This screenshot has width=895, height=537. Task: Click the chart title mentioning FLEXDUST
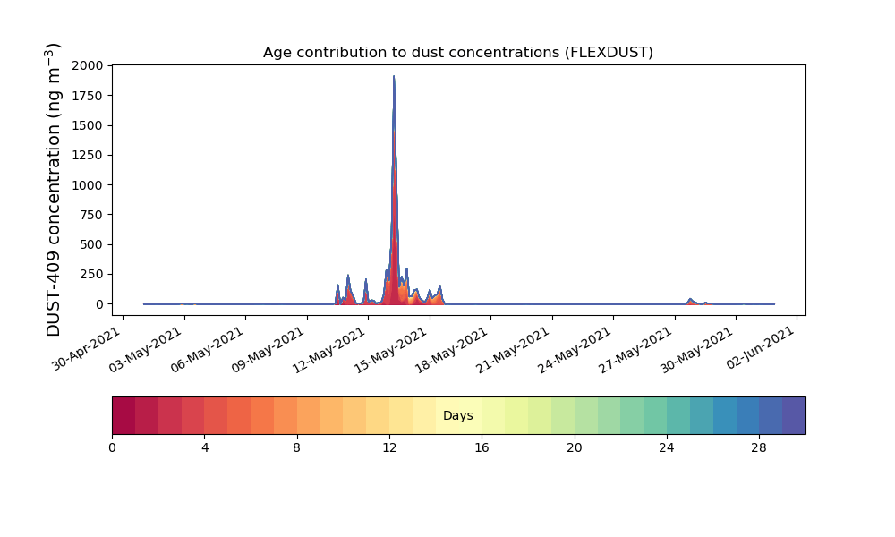click(x=457, y=53)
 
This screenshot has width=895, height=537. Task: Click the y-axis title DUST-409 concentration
click(x=53, y=190)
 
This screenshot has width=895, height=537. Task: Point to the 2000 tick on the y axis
click(x=88, y=65)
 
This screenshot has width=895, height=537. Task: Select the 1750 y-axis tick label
click(x=88, y=96)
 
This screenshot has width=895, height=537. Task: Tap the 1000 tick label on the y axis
click(x=88, y=185)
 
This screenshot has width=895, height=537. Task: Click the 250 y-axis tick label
click(x=92, y=275)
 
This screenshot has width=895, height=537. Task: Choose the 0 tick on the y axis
click(x=100, y=304)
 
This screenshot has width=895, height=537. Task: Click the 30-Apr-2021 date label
click(x=87, y=349)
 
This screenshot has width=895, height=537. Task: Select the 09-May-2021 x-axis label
click(x=268, y=350)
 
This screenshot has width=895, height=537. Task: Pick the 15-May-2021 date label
click(x=390, y=350)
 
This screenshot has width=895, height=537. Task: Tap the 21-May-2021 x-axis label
click(x=513, y=350)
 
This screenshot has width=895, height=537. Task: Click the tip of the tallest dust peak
click(x=394, y=76)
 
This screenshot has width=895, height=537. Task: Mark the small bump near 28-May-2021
click(x=690, y=301)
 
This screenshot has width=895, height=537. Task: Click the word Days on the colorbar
click(x=457, y=415)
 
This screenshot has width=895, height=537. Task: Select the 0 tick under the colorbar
click(x=113, y=448)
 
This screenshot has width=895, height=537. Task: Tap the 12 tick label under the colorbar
click(x=389, y=448)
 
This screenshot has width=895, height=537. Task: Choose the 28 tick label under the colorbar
click(x=759, y=448)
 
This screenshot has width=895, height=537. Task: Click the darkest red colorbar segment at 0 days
click(x=124, y=415)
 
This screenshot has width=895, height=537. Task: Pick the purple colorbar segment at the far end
click(x=794, y=415)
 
